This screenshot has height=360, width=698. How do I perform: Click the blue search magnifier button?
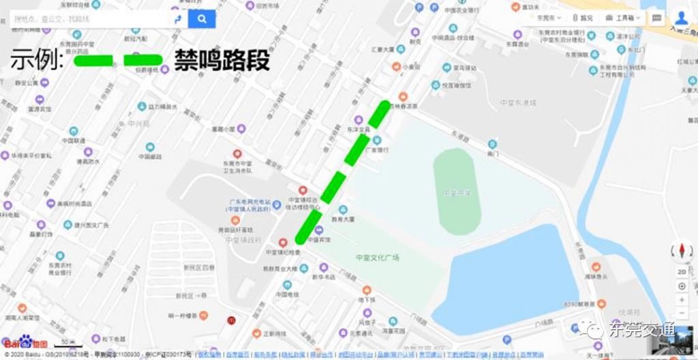202,19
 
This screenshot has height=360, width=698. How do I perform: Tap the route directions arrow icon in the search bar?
177,19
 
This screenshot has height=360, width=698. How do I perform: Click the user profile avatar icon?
680,18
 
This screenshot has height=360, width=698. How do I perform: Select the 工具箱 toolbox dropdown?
622,18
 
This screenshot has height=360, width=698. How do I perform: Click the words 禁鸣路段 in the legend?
222,60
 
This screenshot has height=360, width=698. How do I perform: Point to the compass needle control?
682,250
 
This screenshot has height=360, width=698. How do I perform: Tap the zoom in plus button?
682,286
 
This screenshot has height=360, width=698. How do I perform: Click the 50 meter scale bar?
68,344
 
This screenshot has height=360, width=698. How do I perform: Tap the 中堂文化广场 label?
377,257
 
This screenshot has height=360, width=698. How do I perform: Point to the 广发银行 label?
377,150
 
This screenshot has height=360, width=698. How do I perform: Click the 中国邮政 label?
149,156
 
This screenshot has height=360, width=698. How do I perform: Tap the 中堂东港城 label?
518,103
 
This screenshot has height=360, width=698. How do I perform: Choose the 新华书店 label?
323,277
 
